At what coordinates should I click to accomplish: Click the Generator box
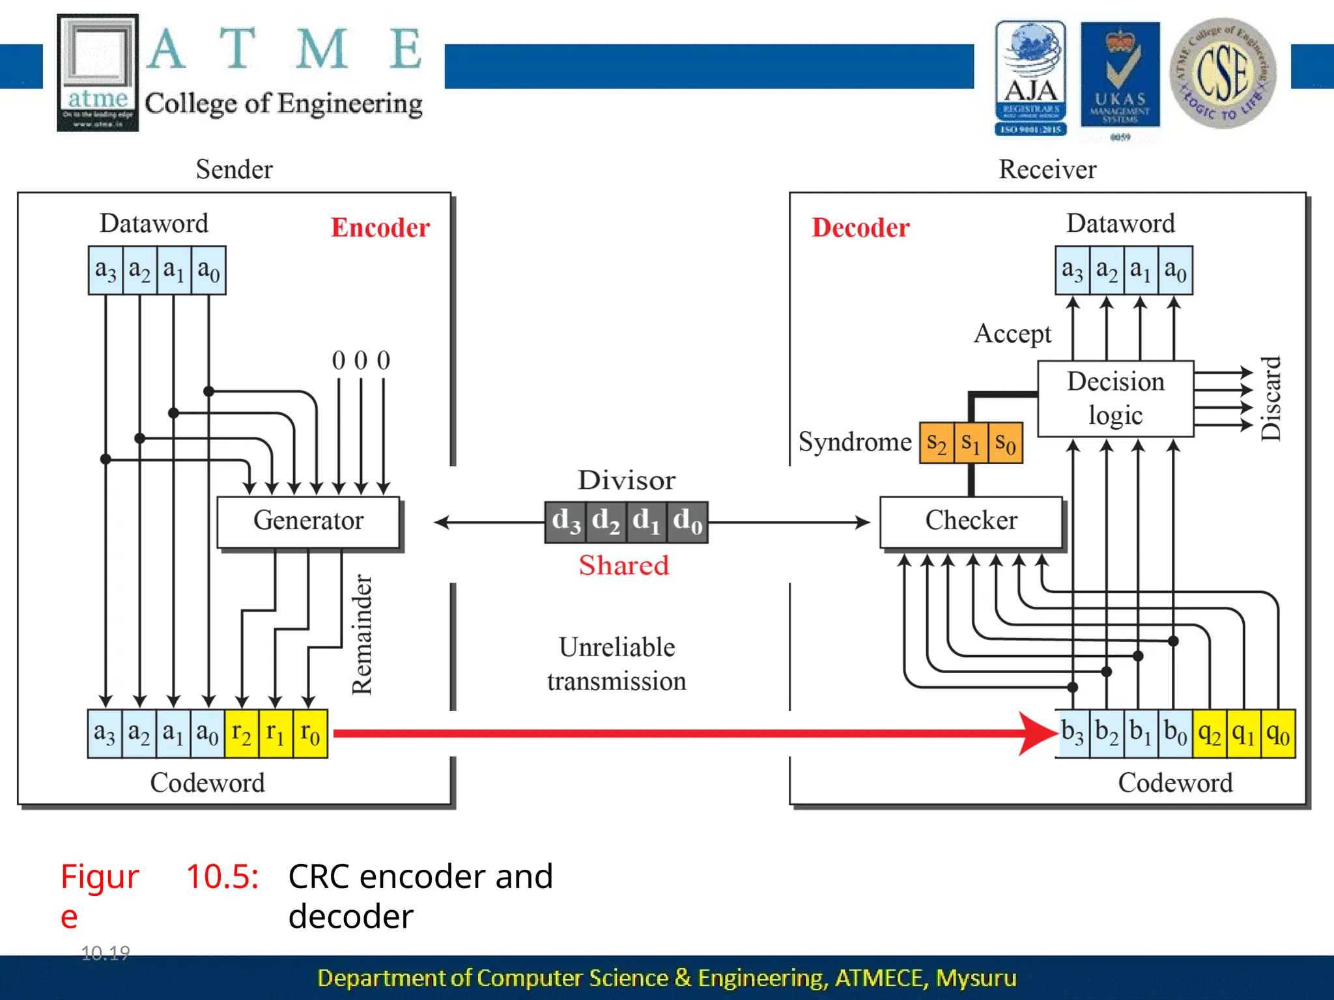pyautogui.click(x=308, y=521)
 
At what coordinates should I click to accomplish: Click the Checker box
pyautogui.click(x=971, y=521)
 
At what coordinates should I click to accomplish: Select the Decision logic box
pyautogui.click(x=1115, y=398)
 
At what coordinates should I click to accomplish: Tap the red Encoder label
pyautogui.click(x=380, y=228)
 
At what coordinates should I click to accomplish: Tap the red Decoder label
pyautogui.click(x=860, y=228)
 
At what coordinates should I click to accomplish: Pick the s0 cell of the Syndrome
pyautogui.click(x=1005, y=443)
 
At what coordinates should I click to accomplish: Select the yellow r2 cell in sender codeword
pyautogui.click(x=242, y=734)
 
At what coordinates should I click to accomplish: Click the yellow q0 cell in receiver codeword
pyautogui.click(x=1277, y=734)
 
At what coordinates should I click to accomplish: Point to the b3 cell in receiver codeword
pyautogui.click(x=1073, y=734)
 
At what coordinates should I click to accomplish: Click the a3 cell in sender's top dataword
pyautogui.click(x=106, y=270)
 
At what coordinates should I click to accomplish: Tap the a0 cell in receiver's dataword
pyautogui.click(x=1175, y=270)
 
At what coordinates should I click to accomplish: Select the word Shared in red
pyautogui.click(x=624, y=565)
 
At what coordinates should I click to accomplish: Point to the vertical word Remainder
pyautogui.click(x=362, y=634)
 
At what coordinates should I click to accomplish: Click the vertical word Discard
pyautogui.click(x=1271, y=398)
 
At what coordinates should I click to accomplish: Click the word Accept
pyautogui.click(x=1012, y=334)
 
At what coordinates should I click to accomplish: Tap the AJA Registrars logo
pyautogui.click(x=1030, y=78)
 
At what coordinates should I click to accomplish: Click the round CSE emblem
pyautogui.click(x=1223, y=73)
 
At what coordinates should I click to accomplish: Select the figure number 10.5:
pyautogui.click(x=223, y=876)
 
